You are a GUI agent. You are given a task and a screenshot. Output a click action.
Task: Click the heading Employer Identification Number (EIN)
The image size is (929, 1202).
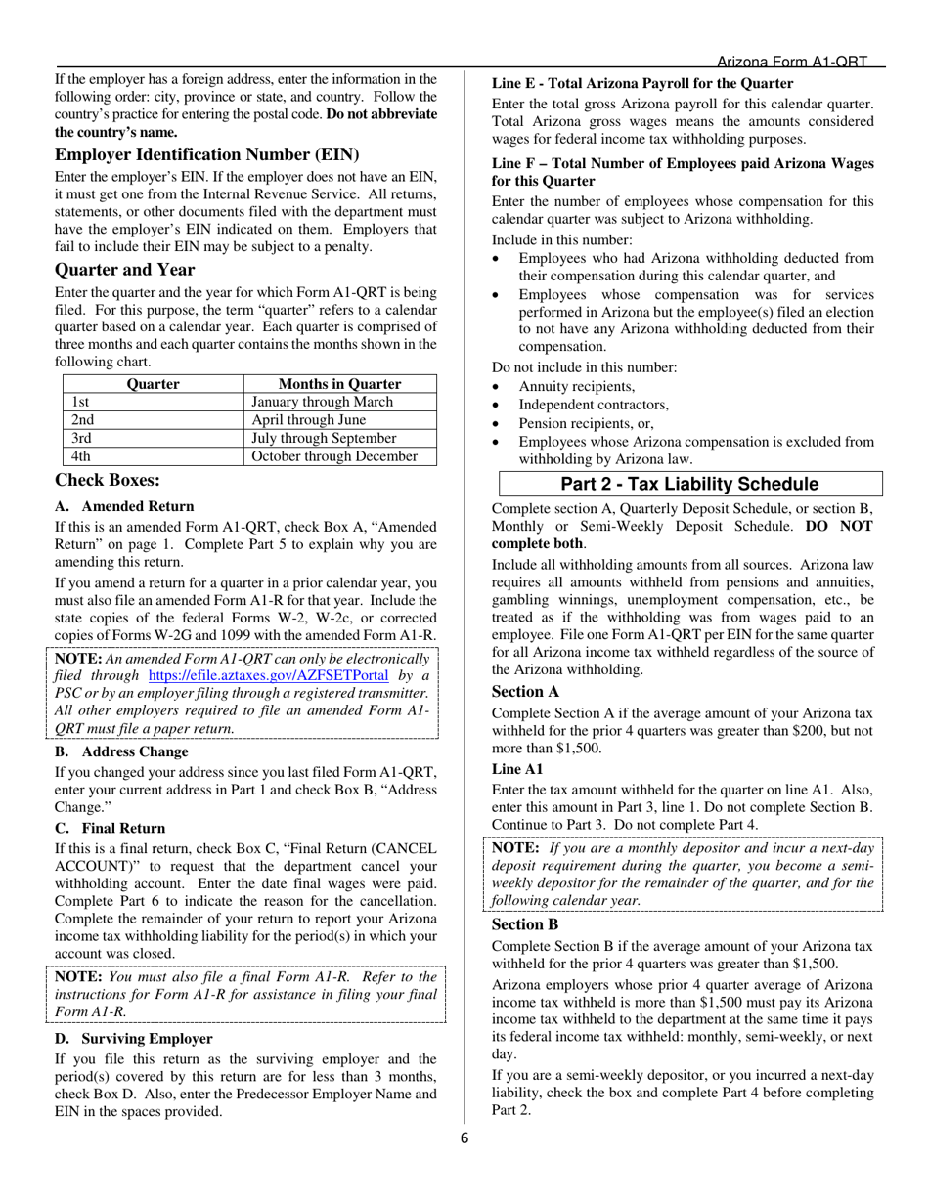[206, 154]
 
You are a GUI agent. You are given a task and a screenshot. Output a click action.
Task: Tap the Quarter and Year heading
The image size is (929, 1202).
[124, 270]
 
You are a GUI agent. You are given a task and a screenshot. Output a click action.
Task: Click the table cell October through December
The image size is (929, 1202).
[333, 455]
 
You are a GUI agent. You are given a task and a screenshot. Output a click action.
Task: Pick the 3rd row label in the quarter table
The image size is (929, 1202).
[82, 438]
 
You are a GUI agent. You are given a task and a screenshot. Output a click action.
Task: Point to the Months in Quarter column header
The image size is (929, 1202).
[339, 384]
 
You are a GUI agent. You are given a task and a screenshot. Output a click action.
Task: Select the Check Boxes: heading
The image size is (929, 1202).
[108, 480]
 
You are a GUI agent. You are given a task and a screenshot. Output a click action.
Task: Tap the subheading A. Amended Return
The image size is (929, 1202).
[124, 506]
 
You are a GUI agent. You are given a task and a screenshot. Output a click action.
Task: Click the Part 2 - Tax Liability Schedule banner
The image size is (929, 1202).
[689, 484]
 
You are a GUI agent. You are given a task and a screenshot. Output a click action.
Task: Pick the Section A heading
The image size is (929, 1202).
[525, 691]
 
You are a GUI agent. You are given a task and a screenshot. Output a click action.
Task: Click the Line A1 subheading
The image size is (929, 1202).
[517, 769]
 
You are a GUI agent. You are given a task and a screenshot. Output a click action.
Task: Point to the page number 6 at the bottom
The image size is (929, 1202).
[465, 1138]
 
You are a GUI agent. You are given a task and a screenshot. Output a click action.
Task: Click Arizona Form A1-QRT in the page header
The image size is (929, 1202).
[792, 61]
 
